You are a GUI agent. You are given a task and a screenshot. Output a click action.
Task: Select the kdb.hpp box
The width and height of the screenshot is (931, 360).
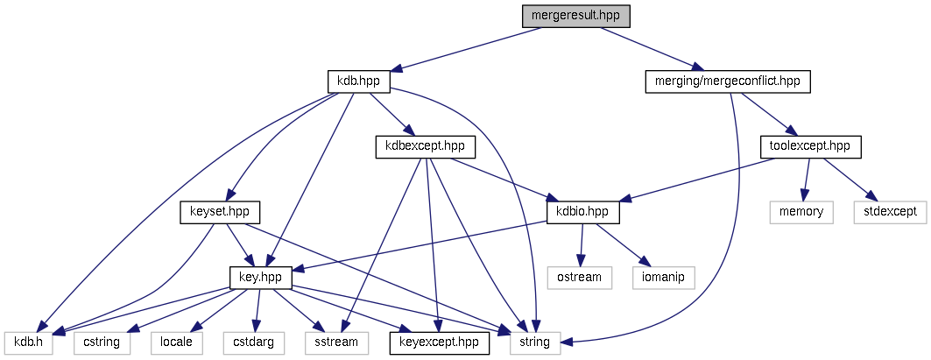point(358,81)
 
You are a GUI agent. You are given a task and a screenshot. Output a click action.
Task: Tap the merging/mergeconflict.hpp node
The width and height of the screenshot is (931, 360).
point(728,81)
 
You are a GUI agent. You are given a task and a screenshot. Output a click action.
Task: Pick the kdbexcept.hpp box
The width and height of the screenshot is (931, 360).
point(420,146)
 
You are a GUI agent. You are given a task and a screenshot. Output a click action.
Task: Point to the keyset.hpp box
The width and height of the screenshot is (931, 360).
point(220,211)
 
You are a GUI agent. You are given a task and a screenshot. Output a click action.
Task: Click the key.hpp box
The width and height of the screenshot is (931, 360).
point(260,277)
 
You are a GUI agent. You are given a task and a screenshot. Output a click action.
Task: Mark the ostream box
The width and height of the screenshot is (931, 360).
point(579,277)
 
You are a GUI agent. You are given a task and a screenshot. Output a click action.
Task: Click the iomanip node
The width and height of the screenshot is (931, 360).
point(663,277)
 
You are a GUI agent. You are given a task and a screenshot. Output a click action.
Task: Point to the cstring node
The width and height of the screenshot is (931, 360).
point(102,342)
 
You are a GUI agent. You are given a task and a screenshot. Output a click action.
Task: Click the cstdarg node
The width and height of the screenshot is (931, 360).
point(253,342)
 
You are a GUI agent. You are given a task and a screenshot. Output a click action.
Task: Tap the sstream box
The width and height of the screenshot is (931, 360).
point(336,342)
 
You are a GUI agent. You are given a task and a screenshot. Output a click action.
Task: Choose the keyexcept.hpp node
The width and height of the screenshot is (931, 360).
point(439,342)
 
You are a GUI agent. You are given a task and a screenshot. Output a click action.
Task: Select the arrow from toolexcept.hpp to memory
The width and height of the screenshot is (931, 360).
point(806,179)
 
